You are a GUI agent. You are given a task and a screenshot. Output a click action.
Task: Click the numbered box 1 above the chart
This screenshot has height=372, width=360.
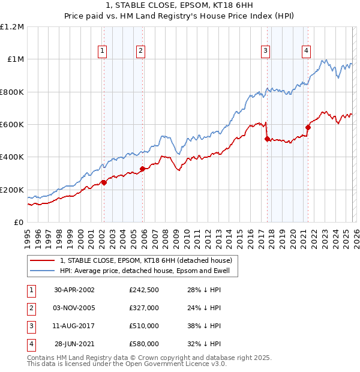103,52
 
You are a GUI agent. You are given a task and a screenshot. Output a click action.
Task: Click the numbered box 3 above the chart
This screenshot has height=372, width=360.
265,52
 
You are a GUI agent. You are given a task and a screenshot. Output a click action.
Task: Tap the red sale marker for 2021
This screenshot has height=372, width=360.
308,127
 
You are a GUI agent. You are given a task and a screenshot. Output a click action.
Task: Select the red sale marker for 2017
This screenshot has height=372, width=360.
267,139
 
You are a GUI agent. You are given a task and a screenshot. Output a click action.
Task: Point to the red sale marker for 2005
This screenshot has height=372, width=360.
142,169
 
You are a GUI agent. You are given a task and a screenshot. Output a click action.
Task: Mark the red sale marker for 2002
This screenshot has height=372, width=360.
104,182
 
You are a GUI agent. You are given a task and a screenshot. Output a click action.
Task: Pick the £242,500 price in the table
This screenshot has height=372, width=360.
144,290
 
